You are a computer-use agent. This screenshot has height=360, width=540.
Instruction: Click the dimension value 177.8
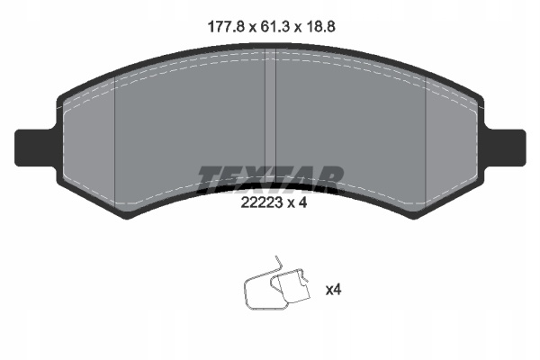pyautogui.click(x=227, y=26)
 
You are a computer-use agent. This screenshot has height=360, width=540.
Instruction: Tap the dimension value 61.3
pyautogui.click(x=274, y=26)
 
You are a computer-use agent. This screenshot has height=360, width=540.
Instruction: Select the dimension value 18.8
pyautogui.click(x=320, y=26)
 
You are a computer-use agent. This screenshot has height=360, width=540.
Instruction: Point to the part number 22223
pyautogui.click(x=262, y=202)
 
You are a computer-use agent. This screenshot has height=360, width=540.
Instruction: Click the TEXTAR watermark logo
pyautogui.click(x=271, y=179)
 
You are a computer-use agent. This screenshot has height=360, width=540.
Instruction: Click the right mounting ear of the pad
pyautogui.click(x=505, y=148)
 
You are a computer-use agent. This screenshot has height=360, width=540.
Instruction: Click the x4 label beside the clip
pyautogui.click(x=333, y=290)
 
